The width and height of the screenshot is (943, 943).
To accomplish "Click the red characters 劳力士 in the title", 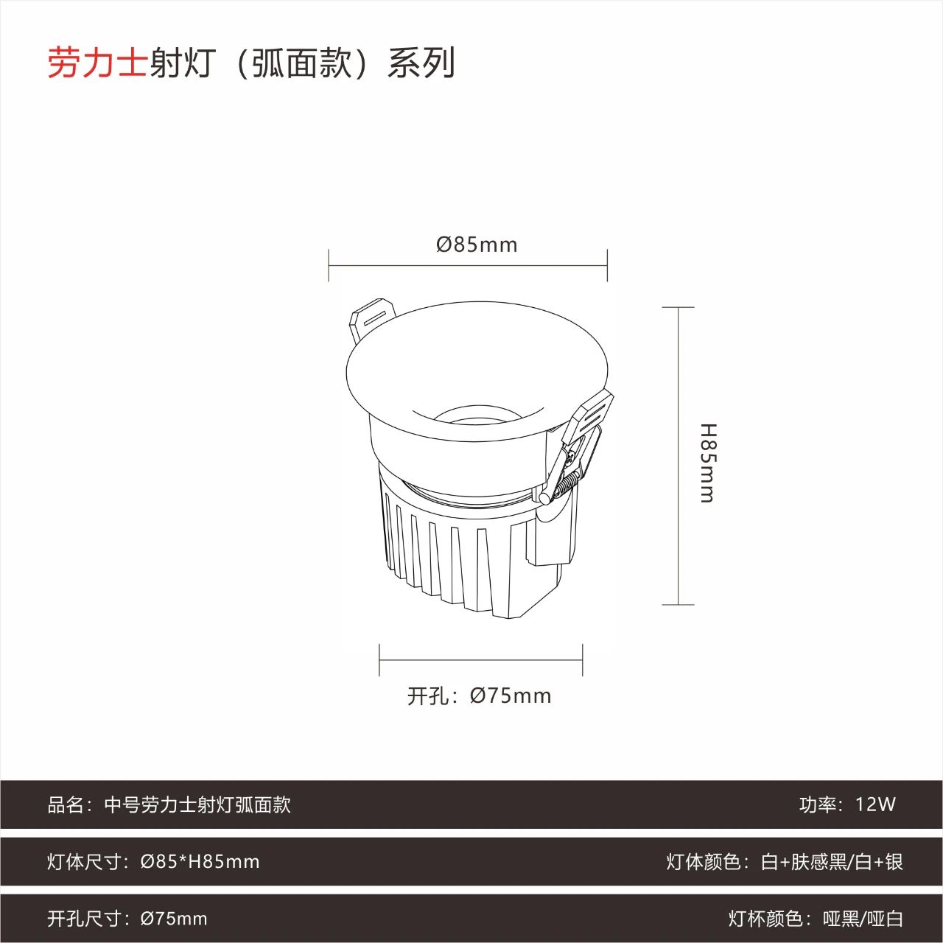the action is [x=97, y=63].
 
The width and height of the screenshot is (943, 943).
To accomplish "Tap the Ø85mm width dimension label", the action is [x=477, y=245].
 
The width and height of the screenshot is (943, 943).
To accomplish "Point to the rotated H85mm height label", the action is [x=707, y=463].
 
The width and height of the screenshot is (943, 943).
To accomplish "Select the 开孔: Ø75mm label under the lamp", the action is [x=479, y=696].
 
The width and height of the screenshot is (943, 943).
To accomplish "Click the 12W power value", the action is [x=875, y=804].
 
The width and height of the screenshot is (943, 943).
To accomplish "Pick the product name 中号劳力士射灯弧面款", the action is [x=197, y=805].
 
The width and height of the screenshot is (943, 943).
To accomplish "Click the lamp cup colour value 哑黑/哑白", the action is [x=863, y=919].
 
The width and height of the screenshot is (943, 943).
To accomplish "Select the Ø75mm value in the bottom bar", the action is [x=174, y=919].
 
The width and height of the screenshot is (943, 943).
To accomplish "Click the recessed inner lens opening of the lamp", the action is [x=477, y=418].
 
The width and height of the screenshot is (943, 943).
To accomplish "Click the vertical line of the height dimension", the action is [x=678, y=456].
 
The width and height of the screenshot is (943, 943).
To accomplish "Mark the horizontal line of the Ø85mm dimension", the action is [x=468, y=266].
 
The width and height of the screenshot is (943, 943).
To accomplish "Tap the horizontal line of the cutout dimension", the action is [x=481, y=659].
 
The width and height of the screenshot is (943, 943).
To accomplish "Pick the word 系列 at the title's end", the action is [x=421, y=63].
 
